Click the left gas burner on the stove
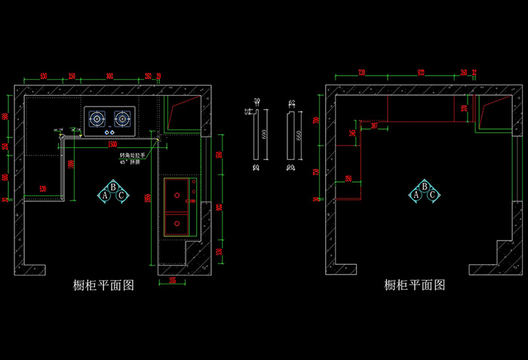98,118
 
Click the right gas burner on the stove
121,118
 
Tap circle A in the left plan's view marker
105,195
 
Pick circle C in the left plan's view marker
121,195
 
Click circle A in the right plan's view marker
416,194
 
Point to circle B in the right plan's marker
425,186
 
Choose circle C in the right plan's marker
433,194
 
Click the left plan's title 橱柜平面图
103,285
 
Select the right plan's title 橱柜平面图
415,285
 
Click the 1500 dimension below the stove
112,143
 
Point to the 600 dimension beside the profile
263,134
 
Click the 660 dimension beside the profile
298,134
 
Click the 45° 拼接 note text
130,162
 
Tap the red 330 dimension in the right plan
464,108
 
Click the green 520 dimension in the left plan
43,188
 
